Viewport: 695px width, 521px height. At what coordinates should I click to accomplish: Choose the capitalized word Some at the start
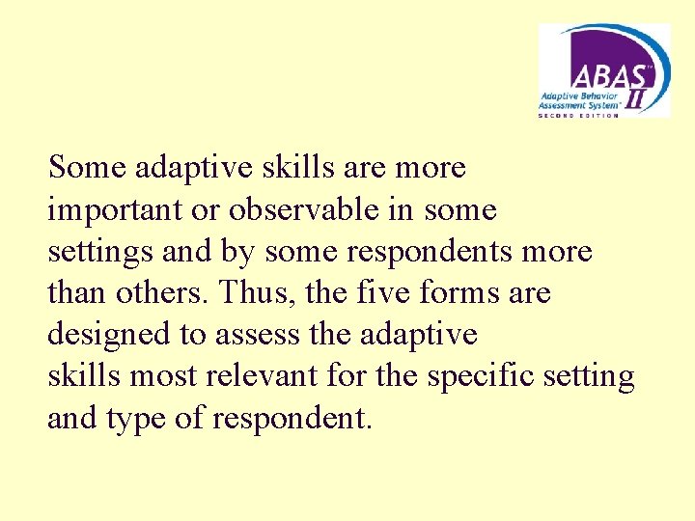(88, 168)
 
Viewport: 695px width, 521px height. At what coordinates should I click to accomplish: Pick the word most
(162, 376)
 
